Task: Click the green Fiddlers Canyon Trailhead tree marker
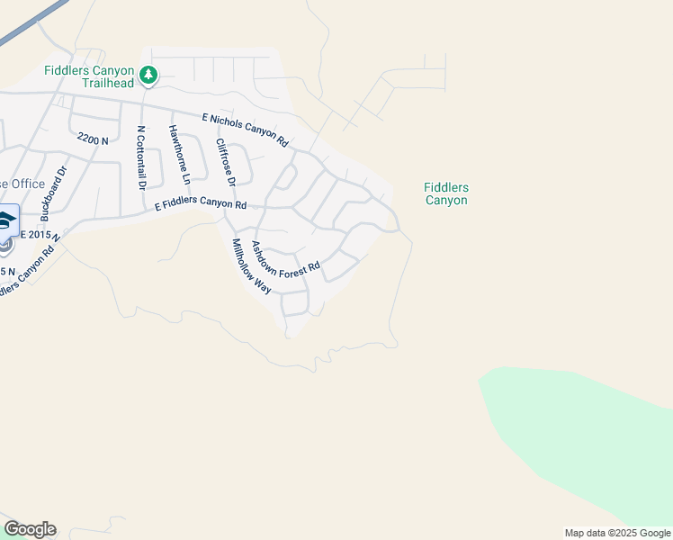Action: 149,76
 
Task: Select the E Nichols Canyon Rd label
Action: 245,130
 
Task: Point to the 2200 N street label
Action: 93,139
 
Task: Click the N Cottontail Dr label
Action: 140,157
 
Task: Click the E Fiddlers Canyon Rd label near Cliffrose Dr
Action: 201,204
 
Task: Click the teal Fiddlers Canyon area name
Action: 446,193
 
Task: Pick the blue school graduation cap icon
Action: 5,220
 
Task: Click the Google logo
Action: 30,529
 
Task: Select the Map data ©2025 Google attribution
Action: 616,533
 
